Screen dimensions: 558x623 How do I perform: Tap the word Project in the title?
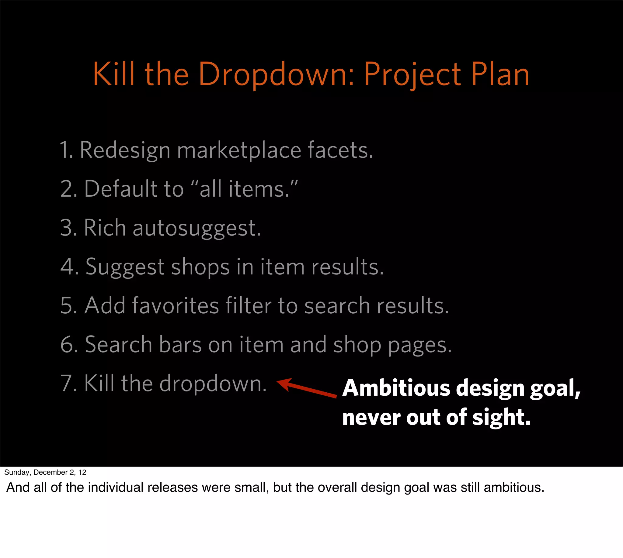tap(412, 74)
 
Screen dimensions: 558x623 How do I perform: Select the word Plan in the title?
tap(500, 74)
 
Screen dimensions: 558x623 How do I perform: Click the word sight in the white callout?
tap(501, 418)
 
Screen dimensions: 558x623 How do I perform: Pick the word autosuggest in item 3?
tap(197, 229)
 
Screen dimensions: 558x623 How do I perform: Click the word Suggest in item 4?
tap(125, 267)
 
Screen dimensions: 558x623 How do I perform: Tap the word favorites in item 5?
tap(175, 306)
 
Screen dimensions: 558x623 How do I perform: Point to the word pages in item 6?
tap(419, 345)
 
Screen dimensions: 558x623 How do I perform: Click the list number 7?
tap(66, 384)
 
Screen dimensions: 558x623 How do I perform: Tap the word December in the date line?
tap(50, 473)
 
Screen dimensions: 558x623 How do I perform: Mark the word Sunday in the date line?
tap(17, 473)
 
